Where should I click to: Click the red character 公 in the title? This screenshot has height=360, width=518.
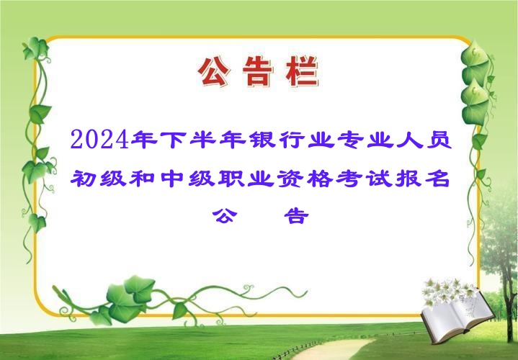213,72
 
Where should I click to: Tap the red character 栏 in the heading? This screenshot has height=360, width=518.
303,72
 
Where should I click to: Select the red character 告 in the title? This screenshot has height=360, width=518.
258,72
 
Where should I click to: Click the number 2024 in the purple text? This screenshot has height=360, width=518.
99,140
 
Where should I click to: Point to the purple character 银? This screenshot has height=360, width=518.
262,140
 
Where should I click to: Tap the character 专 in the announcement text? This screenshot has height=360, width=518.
350,140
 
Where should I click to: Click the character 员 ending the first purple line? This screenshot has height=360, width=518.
439,140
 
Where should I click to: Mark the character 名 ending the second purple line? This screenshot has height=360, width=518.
438,179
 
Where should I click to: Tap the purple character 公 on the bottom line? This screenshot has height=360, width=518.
225,216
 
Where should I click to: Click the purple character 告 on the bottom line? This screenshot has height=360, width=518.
296,216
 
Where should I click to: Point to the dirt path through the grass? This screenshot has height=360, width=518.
334,349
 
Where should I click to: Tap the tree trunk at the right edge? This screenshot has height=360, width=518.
508,297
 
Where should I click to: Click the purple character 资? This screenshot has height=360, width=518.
290,179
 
